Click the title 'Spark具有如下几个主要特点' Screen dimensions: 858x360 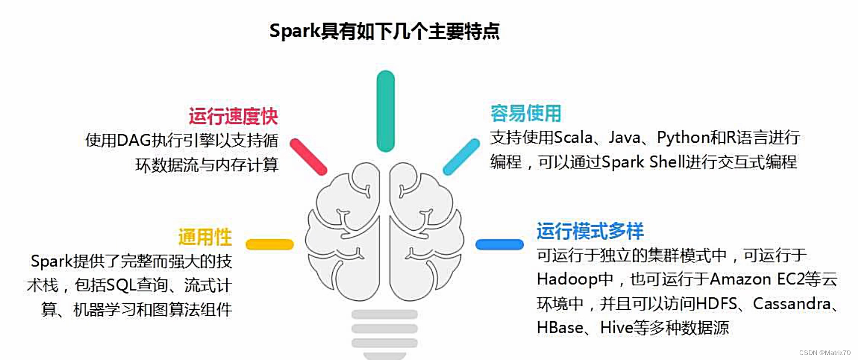(x=384, y=31)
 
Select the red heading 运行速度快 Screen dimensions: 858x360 (x=233, y=116)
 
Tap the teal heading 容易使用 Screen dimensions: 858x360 (x=525, y=113)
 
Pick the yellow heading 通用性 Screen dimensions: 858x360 (x=205, y=237)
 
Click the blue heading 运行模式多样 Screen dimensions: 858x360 (x=590, y=231)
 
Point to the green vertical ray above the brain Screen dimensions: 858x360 (x=385, y=111)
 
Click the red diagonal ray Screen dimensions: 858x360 (x=308, y=157)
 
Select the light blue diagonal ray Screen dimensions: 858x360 (x=461, y=157)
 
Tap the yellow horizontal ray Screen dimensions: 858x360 (x=270, y=244)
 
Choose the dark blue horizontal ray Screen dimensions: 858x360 (x=499, y=244)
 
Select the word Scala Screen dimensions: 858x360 (x=573, y=138)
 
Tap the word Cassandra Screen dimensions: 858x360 (x=791, y=303)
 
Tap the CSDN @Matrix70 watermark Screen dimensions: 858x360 (x=824, y=353)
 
